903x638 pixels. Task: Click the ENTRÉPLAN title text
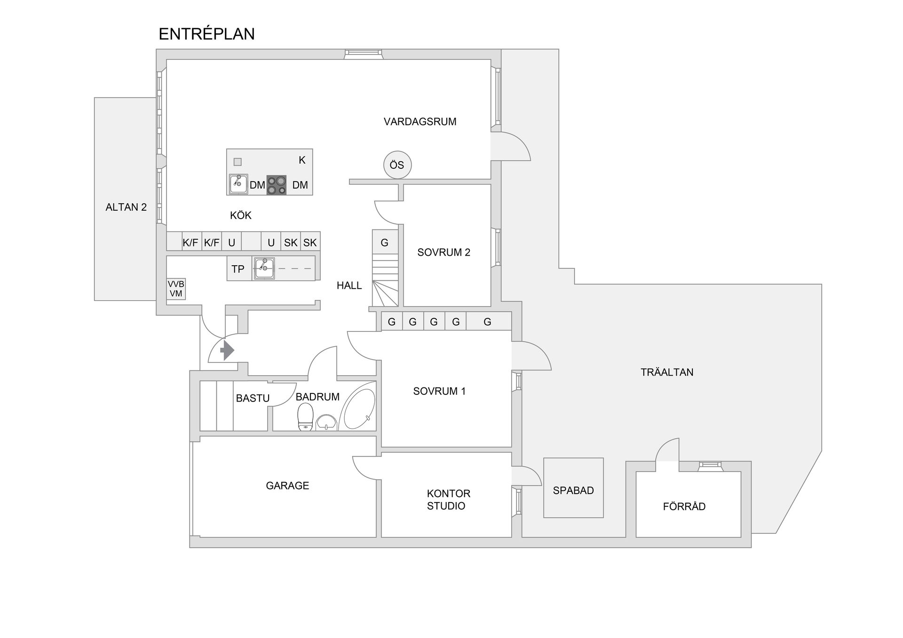click(206, 34)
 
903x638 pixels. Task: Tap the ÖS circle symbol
click(397, 165)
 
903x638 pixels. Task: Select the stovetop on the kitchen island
click(277, 185)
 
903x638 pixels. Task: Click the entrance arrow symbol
click(227, 350)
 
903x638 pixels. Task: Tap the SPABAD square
click(573, 488)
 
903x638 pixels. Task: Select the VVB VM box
click(176, 289)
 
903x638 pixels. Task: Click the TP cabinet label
click(238, 269)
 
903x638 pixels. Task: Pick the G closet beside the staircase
click(385, 243)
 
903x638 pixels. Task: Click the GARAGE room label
click(287, 486)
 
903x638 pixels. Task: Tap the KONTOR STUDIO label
click(448, 500)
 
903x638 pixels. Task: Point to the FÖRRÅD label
click(684, 506)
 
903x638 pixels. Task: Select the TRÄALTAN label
click(666, 372)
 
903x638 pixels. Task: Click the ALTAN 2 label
click(126, 207)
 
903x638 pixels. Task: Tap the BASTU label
click(253, 398)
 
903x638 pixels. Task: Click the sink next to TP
click(264, 268)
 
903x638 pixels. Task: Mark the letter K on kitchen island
click(302, 160)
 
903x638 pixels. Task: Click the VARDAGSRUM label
click(420, 122)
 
